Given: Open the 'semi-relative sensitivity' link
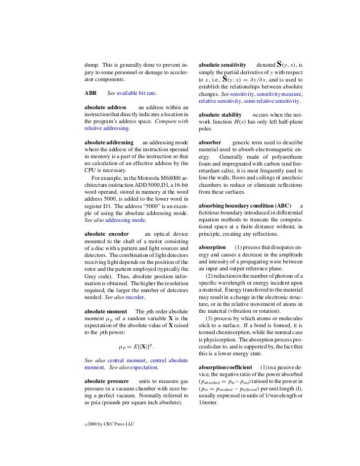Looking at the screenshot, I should point(271,100).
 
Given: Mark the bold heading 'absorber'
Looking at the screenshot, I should point(211,142).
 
